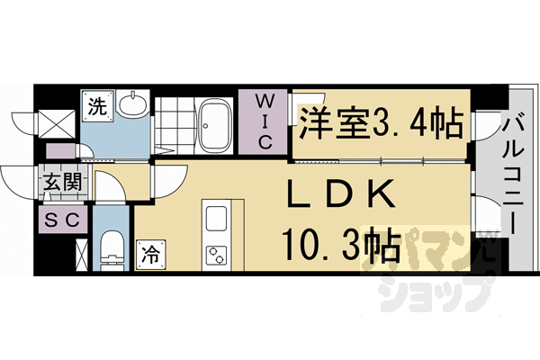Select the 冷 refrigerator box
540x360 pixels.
(x=148, y=255)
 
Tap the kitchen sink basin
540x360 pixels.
(x=219, y=219)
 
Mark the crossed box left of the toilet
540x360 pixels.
(x=82, y=251)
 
